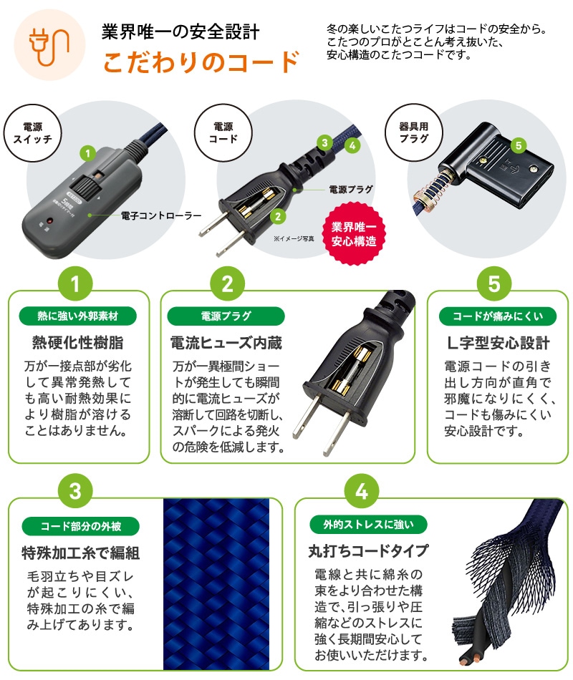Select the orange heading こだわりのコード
200,62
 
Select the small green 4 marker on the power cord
351,145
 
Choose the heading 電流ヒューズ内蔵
225,343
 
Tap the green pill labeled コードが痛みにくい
498,316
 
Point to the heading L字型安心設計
498,343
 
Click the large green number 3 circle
80,492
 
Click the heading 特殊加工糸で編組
80,553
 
